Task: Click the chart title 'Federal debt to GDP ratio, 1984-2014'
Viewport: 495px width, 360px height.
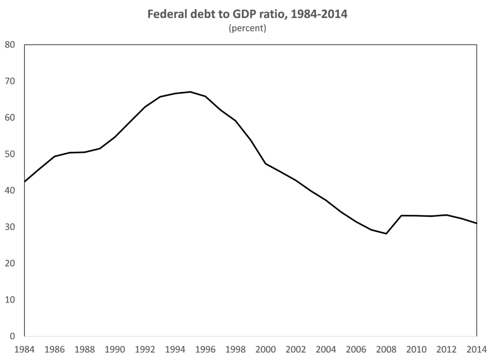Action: point(247,15)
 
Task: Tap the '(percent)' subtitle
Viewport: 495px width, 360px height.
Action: point(247,28)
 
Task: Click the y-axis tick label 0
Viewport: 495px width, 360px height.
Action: point(14,336)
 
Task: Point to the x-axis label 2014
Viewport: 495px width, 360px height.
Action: point(477,349)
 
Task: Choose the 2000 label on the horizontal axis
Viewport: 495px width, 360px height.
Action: point(266,349)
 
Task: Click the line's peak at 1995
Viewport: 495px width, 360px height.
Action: point(190,92)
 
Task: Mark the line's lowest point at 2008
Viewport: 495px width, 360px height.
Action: point(386,234)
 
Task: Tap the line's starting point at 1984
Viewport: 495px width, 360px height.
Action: point(25,181)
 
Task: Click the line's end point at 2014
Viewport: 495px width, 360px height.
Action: point(477,223)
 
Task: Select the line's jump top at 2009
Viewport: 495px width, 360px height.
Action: point(401,215)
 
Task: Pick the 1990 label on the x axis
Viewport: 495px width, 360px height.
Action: point(115,349)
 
